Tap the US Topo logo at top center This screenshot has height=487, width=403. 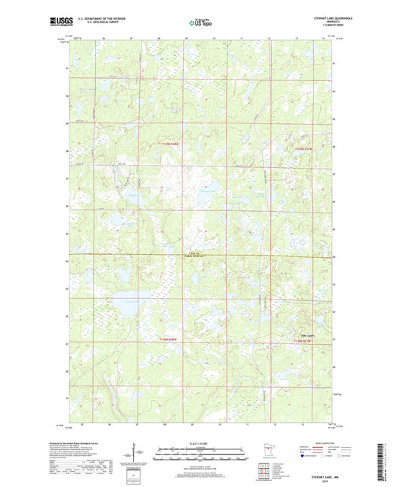pyautogui.click(x=199, y=24)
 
